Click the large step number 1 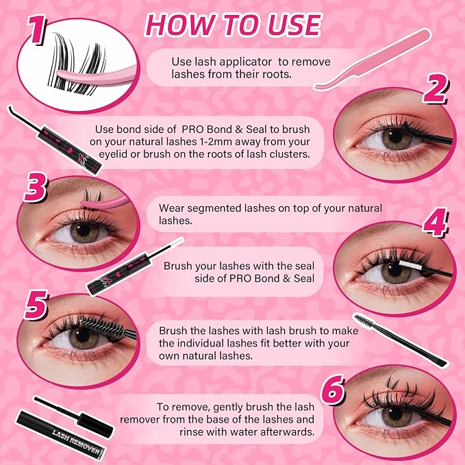(x=37, y=29)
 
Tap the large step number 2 (x=435, y=88)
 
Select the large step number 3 (x=36, y=187)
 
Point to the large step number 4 (x=435, y=222)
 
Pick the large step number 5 (x=36, y=305)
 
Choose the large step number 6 (x=333, y=390)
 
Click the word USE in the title (x=294, y=25)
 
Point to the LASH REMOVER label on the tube (x=76, y=442)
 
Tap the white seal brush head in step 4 (x=410, y=265)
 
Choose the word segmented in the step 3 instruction (x=214, y=208)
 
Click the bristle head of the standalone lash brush (x=364, y=321)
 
